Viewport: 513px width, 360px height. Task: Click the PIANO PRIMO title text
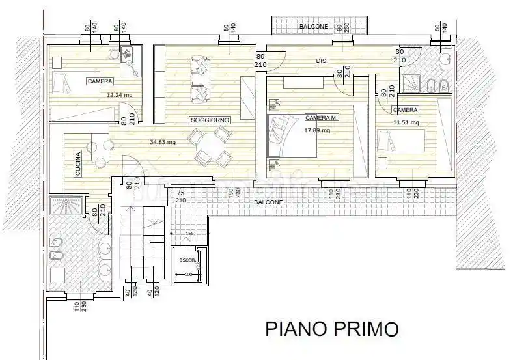[331, 329]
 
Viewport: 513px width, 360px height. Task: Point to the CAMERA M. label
[321, 118]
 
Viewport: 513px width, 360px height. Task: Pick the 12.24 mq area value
[120, 94]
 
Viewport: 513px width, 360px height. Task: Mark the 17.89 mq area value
[317, 130]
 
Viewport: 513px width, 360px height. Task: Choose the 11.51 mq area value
[406, 122]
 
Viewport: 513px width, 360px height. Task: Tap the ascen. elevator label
[188, 260]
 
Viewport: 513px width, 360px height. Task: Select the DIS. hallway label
[322, 61]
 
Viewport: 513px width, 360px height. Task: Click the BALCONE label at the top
[314, 27]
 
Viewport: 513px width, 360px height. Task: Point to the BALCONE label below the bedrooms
[268, 202]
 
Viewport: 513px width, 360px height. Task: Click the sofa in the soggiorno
[199, 79]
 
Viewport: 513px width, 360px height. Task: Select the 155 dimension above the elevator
[190, 233]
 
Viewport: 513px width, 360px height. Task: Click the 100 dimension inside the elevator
[189, 275]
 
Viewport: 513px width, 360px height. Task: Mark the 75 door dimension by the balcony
[180, 193]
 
